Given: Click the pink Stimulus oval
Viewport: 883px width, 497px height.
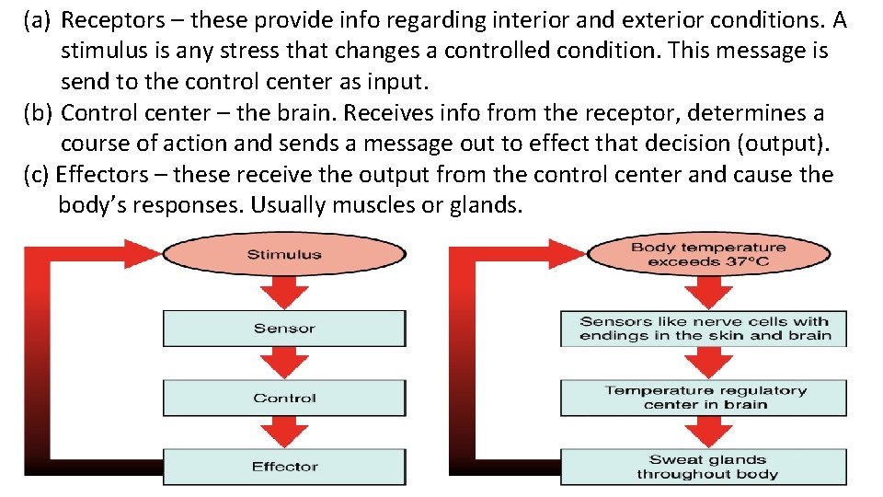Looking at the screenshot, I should pos(283,254).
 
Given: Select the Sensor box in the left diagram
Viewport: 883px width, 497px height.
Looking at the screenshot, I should pos(283,329).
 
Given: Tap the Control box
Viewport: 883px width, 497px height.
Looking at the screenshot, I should pos(283,399).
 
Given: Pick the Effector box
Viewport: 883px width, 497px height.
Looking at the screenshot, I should pos(283,467).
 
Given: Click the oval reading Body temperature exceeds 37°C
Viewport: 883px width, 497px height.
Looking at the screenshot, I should pos(707,254).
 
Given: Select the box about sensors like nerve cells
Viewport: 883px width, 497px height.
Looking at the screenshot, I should pos(704,329).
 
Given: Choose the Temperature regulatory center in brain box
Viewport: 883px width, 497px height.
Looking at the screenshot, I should pos(704,398).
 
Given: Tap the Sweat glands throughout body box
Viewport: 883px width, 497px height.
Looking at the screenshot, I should pos(704,467).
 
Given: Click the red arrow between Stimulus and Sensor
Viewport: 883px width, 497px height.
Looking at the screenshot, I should pos(283,293).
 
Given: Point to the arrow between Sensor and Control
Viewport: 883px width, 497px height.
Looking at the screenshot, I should pos(283,364).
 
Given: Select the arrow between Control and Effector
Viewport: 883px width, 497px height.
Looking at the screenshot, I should pos(283,433).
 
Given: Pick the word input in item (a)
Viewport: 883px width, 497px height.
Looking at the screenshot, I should pos(397,82).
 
